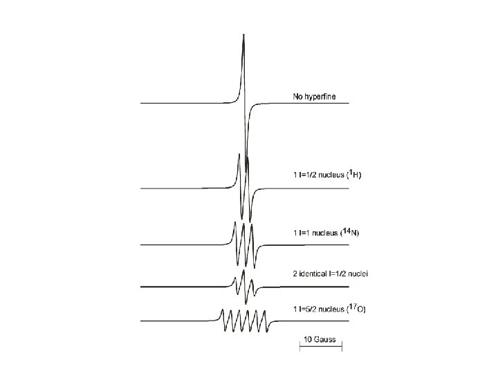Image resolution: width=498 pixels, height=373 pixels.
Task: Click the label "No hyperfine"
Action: [315, 97]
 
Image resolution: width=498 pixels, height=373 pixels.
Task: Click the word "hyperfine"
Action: [321, 97]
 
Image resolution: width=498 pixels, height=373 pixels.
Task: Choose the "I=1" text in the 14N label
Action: [305, 233]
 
